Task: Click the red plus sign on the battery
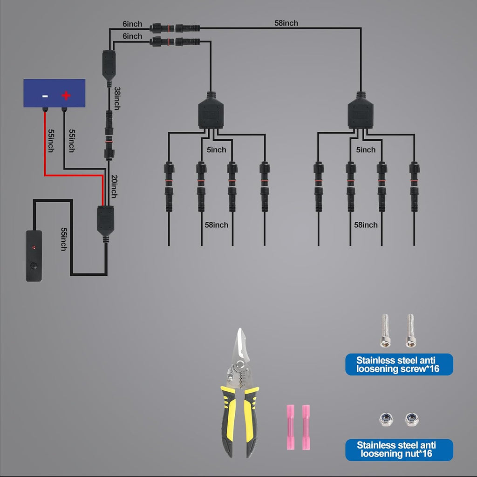click(x=66, y=95)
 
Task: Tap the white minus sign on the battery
click(x=45, y=96)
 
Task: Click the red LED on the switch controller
click(x=34, y=247)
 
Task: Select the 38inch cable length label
click(x=117, y=99)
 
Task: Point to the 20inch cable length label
click(x=114, y=186)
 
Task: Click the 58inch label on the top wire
click(x=286, y=23)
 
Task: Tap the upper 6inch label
click(x=132, y=24)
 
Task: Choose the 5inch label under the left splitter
click(x=216, y=150)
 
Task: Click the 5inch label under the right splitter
click(x=366, y=150)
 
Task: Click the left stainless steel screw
click(x=385, y=331)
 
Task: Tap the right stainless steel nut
click(x=412, y=419)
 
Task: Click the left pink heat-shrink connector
click(x=291, y=427)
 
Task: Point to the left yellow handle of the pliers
click(x=229, y=421)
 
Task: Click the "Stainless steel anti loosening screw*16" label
click(x=399, y=364)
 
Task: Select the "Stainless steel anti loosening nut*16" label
click(x=399, y=450)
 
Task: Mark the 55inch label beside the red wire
click(x=51, y=141)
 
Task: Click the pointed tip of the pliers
click(x=240, y=328)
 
